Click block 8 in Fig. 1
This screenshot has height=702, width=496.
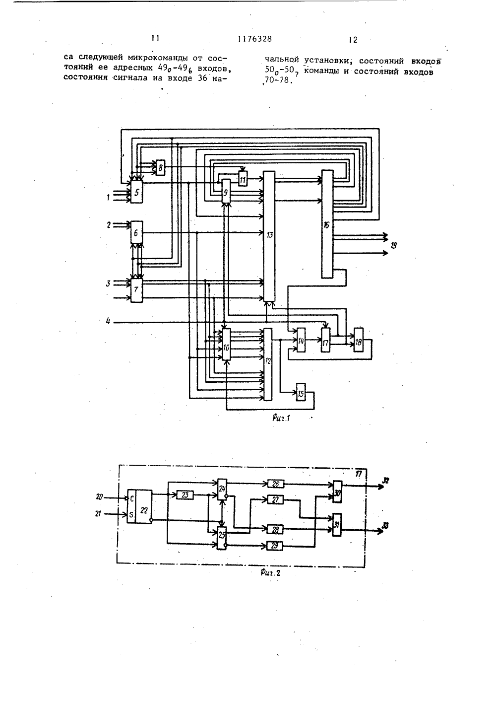160,168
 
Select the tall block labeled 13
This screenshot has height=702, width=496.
269,236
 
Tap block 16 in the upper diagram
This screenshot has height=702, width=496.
327,224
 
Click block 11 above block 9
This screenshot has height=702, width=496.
243,179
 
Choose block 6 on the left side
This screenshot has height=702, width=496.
136,232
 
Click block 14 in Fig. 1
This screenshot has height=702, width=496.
301,340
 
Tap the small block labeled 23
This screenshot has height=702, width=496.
185,495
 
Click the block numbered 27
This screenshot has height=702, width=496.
275,499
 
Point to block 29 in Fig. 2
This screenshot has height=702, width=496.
275,546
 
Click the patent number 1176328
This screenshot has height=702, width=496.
255,39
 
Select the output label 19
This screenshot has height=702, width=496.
394,245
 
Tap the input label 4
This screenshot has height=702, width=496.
108,321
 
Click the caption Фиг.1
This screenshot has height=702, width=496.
281,418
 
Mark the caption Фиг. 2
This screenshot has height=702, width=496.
270,573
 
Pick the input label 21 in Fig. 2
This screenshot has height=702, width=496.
98,514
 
